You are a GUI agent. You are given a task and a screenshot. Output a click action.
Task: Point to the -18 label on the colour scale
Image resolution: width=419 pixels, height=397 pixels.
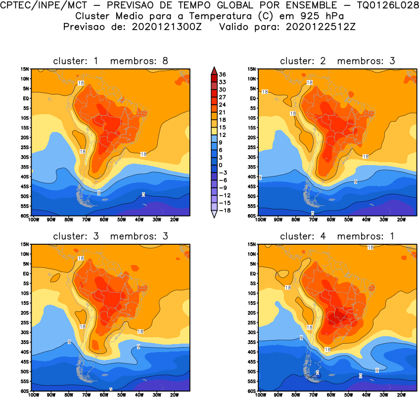(x=223, y=210)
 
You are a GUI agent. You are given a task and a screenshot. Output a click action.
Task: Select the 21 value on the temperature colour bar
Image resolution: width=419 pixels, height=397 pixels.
(x=223, y=112)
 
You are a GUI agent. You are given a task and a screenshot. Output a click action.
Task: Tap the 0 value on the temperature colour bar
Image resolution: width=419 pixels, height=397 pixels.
(x=221, y=165)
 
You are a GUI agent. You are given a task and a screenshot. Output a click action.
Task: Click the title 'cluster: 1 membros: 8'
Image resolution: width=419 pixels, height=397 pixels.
(x=111, y=61)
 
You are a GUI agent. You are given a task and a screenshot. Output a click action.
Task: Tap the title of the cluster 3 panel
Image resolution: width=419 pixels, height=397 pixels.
(x=111, y=236)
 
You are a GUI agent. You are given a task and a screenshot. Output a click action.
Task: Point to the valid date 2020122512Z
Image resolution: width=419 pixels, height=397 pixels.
(x=320, y=26)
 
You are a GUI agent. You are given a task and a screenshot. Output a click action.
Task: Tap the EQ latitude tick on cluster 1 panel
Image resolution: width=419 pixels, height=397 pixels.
(x=26, y=98)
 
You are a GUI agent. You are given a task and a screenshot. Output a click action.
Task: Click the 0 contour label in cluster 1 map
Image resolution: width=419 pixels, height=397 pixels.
(x=143, y=194)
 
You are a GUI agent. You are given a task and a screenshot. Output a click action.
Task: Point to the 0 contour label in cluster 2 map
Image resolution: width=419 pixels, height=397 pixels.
(x=313, y=213)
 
